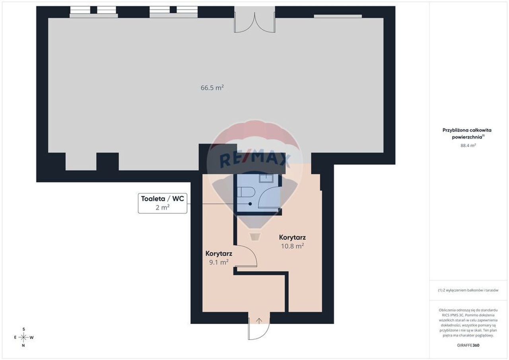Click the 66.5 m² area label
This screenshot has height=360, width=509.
tap(212, 88)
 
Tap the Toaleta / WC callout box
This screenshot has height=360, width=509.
tap(163, 203)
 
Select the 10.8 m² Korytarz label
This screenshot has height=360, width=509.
tap(292, 241)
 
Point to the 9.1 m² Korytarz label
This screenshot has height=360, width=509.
tap(219, 258)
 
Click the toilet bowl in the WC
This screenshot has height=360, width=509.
tap(247, 192)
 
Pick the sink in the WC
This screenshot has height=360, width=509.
tap(266, 178)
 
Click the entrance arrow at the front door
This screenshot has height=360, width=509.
tap(259, 321)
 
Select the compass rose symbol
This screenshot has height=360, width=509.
tap(23, 337)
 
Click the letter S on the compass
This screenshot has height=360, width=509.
tap(23, 329)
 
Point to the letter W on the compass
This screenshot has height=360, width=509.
tap(31, 337)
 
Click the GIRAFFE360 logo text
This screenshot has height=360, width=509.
tap(468, 345)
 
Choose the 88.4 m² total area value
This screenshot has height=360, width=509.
tap(468, 145)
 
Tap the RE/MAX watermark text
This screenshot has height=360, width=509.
tap(254, 158)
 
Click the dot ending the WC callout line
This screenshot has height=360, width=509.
tap(250, 204)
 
